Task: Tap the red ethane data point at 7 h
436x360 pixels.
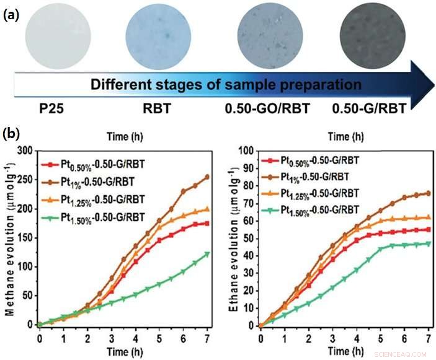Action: (x=428, y=229)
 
